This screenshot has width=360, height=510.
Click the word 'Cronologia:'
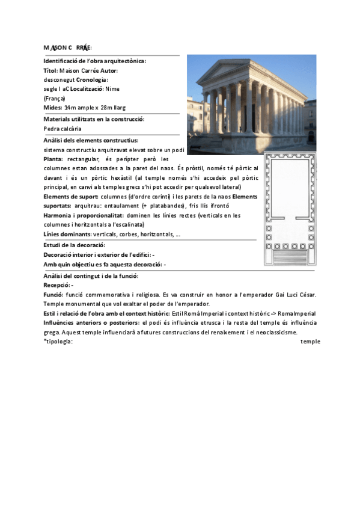[x=91, y=80]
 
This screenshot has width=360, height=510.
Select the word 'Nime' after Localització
[x=112, y=89]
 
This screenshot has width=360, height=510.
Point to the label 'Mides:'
[x=53, y=107]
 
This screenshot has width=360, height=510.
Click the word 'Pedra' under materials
[x=52, y=128]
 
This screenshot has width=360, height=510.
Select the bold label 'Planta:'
[x=53, y=159]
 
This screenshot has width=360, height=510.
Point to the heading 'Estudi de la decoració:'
[x=75, y=245]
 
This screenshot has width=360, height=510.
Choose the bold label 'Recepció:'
[x=57, y=284]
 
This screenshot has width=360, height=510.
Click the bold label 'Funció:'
[x=54, y=294]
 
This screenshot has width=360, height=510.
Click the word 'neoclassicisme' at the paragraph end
[x=278, y=333]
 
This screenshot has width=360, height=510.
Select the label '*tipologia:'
[x=58, y=342]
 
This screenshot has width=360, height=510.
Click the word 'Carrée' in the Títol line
[x=87, y=70]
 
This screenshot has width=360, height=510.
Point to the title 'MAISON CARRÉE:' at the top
[x=67, y=48]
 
